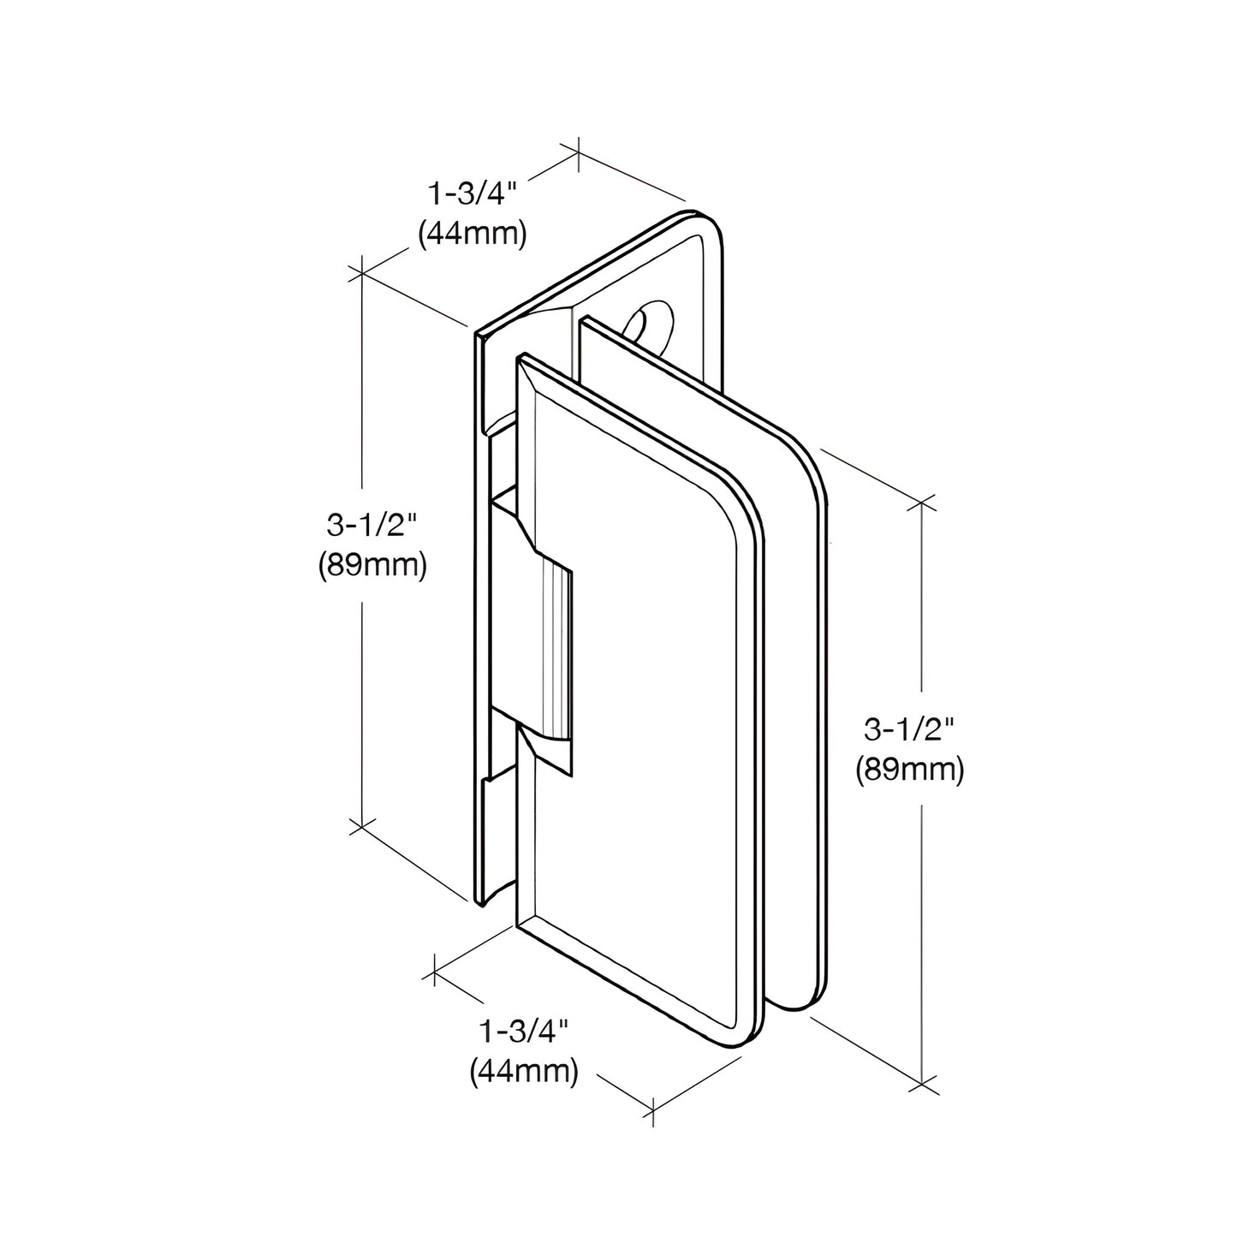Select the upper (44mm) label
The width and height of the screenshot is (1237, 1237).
pos(472,233)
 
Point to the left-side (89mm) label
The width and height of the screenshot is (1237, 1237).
pos(372,565)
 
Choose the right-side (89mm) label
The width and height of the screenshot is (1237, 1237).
pos(909,770)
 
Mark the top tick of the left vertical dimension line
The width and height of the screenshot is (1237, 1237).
pos(362,272)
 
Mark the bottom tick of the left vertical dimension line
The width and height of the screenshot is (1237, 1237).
pos(362,826)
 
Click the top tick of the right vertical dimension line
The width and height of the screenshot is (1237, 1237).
pos(922,503)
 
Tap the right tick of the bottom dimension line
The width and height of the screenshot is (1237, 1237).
pos(653,1109)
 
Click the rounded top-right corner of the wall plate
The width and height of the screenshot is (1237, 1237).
pos(716,225)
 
